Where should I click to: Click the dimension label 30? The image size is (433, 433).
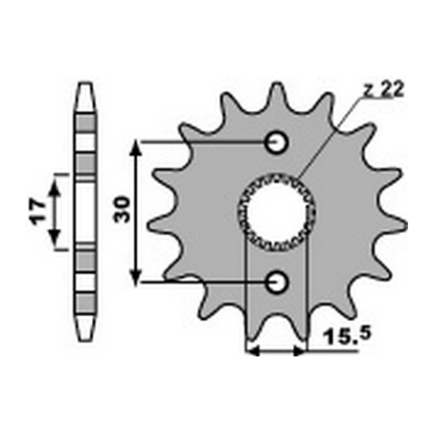(122, 210)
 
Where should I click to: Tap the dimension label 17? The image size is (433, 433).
(37, 212)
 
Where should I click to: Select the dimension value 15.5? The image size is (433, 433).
(348, 336)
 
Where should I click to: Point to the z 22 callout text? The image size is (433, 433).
(384, 90)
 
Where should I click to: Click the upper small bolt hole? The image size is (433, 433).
(276, 142)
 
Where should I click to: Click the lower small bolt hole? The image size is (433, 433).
(276, 283)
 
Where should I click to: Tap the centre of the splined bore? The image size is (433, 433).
(276, 212)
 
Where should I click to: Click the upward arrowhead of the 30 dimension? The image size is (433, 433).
(136, 148)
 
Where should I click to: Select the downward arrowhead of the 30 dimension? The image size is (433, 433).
(136, 277)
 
